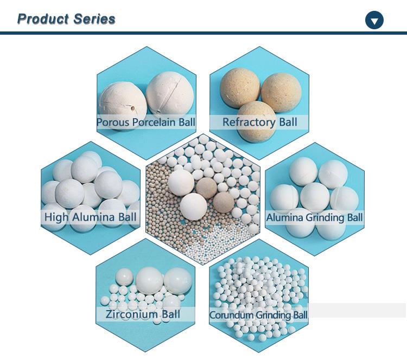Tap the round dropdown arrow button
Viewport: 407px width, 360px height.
pos(374,21)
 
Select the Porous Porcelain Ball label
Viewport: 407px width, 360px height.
pos(146,122)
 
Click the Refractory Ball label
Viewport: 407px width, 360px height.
pos(260,121)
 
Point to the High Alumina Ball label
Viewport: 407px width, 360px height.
pos(91,218)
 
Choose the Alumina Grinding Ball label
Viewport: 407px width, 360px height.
pos(314,218)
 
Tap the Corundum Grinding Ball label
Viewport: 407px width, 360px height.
pos(258,314)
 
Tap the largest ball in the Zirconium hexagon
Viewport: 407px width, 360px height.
pos(152,281)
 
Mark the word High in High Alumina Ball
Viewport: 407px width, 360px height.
pos(56,218)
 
